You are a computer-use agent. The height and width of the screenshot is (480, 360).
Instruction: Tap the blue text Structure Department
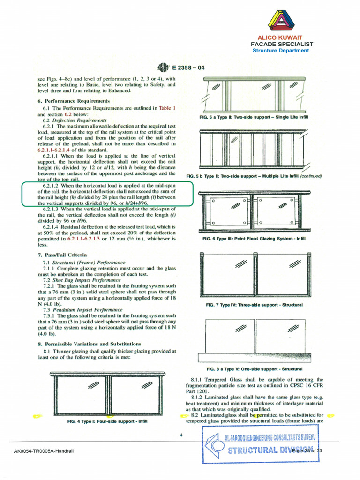point(281,51)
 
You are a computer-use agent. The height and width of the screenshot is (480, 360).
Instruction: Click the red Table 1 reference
point(167,108)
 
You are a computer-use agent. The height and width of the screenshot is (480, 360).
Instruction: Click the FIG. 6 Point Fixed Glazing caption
point(254,239)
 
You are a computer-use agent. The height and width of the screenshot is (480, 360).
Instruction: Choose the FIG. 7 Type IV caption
point(254,305)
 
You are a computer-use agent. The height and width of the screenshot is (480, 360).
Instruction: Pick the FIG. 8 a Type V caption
point(255,369)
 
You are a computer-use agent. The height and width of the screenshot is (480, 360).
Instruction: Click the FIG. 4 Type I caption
point(107,421)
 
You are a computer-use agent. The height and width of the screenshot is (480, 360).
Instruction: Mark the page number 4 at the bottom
point(180,435)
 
